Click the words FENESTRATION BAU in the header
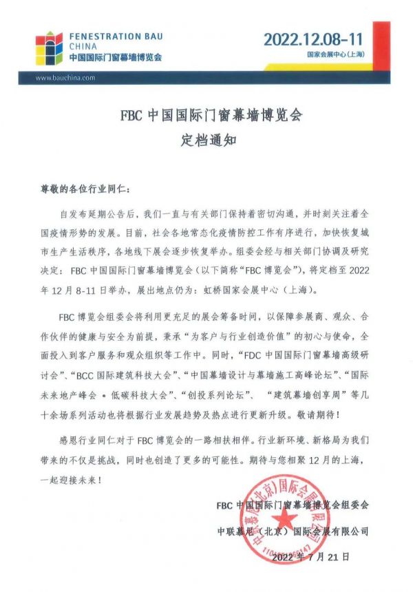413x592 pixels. point(116,34)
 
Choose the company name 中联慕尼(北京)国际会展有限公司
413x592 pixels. point(293,531)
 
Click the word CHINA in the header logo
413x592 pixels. point(81,46)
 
